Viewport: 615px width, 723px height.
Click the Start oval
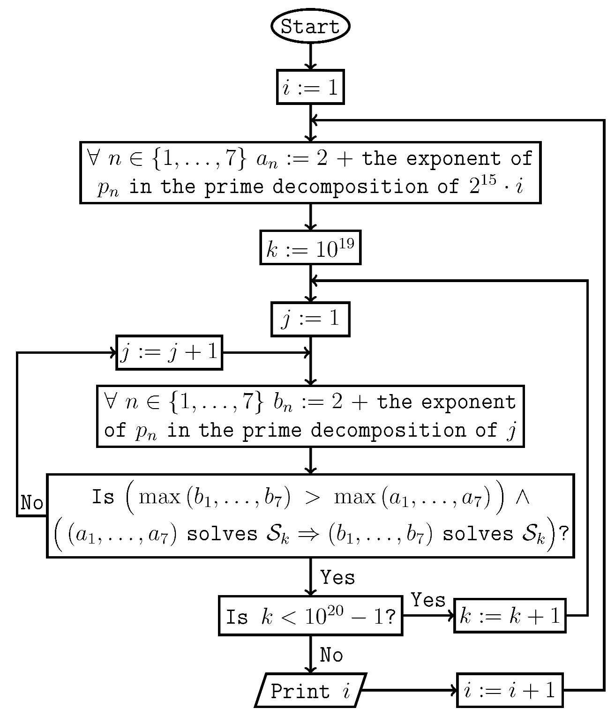(310, 26)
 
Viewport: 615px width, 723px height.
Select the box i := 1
(310, 87)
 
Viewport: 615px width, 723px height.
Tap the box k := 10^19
(310, 247)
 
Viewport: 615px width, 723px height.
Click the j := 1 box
(310, 320)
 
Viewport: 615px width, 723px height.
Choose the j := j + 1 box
(169, 352)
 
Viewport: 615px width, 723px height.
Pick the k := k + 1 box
(510, 616)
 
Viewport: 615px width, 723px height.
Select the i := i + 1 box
(510, 690)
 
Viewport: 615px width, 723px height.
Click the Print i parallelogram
(310, 690)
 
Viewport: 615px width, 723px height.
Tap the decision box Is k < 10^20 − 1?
(310, 616)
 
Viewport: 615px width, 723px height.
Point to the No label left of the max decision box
(32, 503)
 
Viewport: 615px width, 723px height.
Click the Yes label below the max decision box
(337, 577)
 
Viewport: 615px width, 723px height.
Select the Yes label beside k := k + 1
(428, 600)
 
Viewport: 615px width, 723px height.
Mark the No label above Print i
(331, 655)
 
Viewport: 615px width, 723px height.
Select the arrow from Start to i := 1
(310, 56)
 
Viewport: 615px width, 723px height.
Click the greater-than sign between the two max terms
(312, 498)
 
